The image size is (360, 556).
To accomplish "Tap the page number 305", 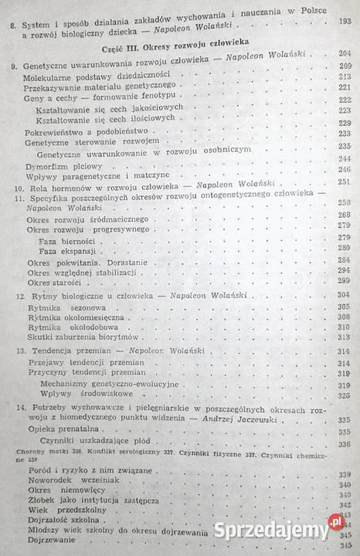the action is pyautogui.click(x=344, y=307).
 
